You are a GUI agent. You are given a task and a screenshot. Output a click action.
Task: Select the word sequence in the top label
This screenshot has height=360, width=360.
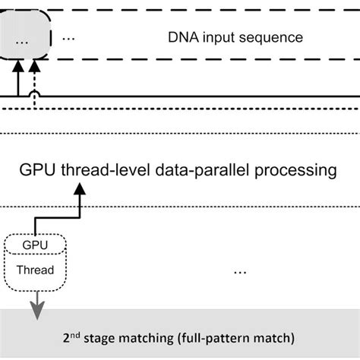click(274, 37)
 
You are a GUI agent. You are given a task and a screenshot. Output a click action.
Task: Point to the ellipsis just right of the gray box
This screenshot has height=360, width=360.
click(68, 38)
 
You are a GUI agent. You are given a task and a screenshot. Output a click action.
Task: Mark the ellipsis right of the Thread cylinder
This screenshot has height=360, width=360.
click(241, 269)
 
